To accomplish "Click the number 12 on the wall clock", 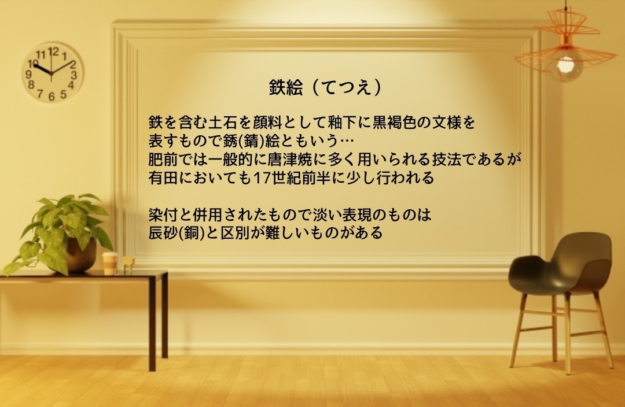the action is (53, 51).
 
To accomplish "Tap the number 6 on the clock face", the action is (52, 97).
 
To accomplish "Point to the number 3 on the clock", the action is (73, 75).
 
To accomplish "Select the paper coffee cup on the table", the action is (109, 263).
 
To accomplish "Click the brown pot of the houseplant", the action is (81, 255).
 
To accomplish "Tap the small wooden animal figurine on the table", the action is (128, 265).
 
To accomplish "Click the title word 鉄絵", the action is (286, 88).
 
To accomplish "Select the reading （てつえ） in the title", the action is (345, 88).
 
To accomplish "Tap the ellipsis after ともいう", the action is (347, 141).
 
